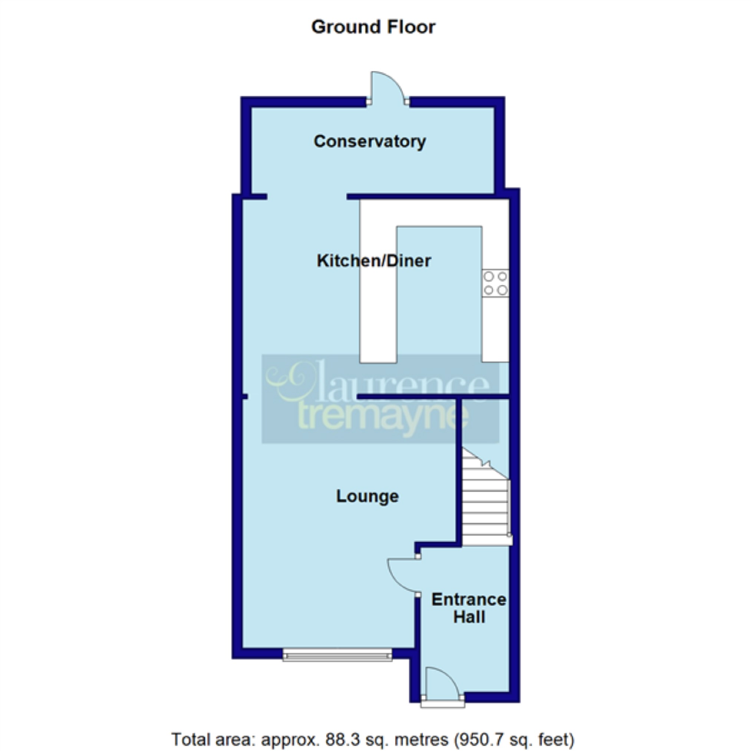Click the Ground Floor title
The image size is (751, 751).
[373, 27]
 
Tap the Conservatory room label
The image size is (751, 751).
[370, 142]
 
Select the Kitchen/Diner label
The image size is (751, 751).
[373, 261]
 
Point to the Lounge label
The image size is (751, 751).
[367, 496]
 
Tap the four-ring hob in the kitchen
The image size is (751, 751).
[495, 283]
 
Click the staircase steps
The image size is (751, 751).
[485, 505]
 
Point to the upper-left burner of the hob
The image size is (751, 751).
[489, 276]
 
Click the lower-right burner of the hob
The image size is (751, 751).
[502, 290]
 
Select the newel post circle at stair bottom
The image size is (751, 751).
[509, 535]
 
